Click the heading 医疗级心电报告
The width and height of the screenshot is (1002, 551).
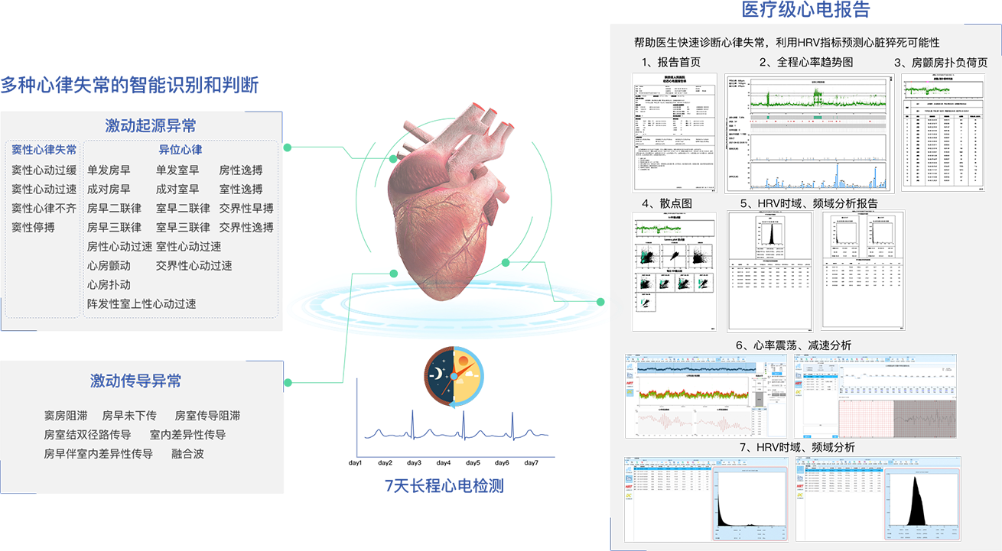tap(805, 10)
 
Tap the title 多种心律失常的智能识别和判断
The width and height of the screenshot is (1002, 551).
tap(129, 84)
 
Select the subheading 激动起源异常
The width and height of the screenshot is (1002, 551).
tap(151, 125)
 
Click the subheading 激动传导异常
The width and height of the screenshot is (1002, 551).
tap(135, 381)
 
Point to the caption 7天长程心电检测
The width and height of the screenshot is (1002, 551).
tap(444, 485)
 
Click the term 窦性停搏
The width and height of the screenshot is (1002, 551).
tap(33, 227)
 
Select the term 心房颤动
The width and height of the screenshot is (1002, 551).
tap(109, 265)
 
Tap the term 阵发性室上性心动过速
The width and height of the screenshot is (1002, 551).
tap(142, 303)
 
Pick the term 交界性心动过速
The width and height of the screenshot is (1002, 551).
tap(194, 265)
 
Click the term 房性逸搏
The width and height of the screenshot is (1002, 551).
tap(240, 170)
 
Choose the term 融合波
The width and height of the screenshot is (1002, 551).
tap(187, 453)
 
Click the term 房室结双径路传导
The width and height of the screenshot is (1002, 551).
tap(87, 434)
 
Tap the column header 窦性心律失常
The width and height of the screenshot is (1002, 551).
tap(44, 150)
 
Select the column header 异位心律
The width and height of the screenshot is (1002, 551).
tap(181, 150)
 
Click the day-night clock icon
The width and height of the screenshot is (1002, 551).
tap(454, 375)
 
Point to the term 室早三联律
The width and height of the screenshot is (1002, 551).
tap(183, 227)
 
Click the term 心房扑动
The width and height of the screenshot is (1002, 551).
tap(109, 284)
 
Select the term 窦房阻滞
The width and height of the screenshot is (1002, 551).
tap(65, 416)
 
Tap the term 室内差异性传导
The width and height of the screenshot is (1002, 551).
tap(187, 434)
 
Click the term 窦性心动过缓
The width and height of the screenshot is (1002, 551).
tap(44, 170)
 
